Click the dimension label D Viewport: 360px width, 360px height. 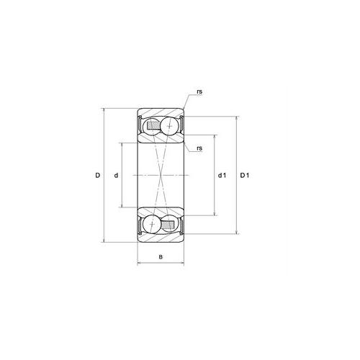point(97,176)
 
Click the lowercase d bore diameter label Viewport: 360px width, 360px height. point(115,176)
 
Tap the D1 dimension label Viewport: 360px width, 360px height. point(245,176)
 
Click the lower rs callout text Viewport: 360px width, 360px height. point(198,148)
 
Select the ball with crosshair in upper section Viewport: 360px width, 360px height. point(170,126)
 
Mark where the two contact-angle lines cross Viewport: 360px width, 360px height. point(161,176)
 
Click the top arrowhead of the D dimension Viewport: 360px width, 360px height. point(106,111)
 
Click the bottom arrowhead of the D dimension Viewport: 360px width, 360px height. point(106,240)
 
